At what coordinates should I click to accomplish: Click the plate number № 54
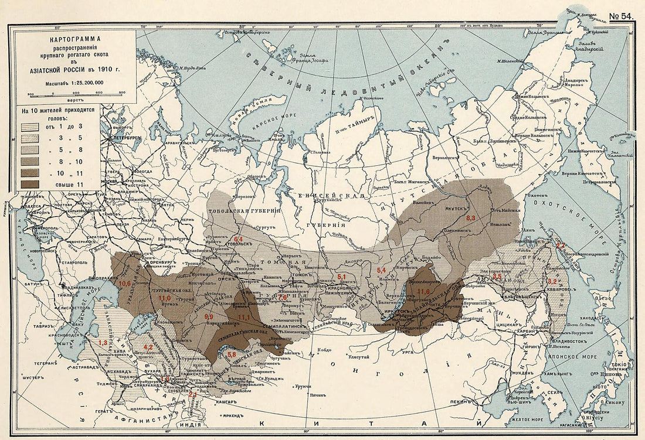[621, 16]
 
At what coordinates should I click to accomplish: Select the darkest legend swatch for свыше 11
[29, 183]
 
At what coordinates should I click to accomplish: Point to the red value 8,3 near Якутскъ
[470, 218]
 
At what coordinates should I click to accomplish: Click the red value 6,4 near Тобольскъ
[238, 239]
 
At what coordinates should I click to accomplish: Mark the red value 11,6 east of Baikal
[424, 291]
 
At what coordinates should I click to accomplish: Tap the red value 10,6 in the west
[125, 284]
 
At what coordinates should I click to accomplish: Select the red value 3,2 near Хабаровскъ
[552, 281]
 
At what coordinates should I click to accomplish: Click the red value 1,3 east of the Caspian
[103, 342]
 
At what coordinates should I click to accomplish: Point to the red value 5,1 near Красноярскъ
[342, 276]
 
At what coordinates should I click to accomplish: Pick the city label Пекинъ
[460, 402]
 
